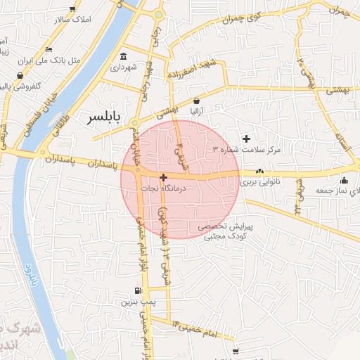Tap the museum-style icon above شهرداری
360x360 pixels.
coord(124,56)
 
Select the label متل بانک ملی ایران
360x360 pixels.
coord(49,61)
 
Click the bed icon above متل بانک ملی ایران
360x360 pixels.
coord(48,49)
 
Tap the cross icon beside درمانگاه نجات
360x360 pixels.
coord(163,178)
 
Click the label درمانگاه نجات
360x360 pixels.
coord(162,188)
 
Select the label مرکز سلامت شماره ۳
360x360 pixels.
coord(246,150)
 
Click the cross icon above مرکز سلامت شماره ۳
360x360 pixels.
coord(246,139)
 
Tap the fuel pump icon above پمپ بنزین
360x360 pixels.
coord(137,291)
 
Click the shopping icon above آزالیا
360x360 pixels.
coord(196,100)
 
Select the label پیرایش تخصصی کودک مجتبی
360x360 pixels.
coord(224,232)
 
